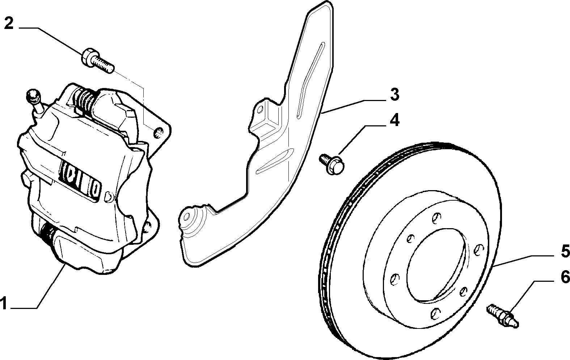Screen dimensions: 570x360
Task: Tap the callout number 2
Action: [x=9, y=24]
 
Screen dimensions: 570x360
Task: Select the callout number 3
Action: [x=395, y=95]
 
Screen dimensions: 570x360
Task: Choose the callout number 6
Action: [x=565, y=277]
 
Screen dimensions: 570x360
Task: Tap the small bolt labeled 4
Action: [x=332, y=164]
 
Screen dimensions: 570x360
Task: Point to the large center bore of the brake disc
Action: [x=437, y=265]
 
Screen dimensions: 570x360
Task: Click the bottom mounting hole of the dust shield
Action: [x=187, y=217]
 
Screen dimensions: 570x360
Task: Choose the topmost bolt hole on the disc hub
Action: [x=436, y=217]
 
